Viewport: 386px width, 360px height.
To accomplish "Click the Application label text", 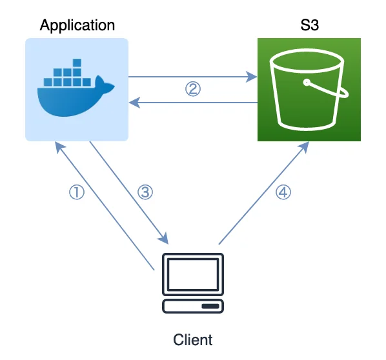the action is [x=77, y=26].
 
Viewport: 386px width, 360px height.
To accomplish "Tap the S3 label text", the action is [x=309, y=25].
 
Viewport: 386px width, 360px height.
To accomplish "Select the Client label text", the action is [x=193, y=340].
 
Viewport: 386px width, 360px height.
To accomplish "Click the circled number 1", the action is [x=77, y=192].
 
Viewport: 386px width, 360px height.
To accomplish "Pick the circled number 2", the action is [x=193, y=89].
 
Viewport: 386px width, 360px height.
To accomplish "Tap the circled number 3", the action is [x=145, y=192].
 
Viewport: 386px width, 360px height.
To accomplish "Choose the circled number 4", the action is [x=283, y=192].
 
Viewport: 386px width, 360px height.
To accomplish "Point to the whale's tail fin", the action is [x=105, y=85].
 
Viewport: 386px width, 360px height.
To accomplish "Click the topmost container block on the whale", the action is [x=77, y=63].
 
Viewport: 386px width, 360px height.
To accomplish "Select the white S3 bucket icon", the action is [x=309, y=90].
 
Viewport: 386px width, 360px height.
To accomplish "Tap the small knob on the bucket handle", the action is [x=307, y=83].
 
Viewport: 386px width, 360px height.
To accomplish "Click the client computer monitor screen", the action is [x=193, y=274].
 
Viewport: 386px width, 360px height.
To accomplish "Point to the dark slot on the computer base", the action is [x=210, y=306].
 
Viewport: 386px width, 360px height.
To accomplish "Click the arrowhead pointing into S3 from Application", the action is [x=252, y=77].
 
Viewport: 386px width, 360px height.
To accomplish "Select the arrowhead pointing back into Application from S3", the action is [x=134, y=103].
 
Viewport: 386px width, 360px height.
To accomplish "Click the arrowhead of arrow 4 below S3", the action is [x=304, y=147].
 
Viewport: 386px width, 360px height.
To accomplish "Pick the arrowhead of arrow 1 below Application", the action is [x=59, y=147].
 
